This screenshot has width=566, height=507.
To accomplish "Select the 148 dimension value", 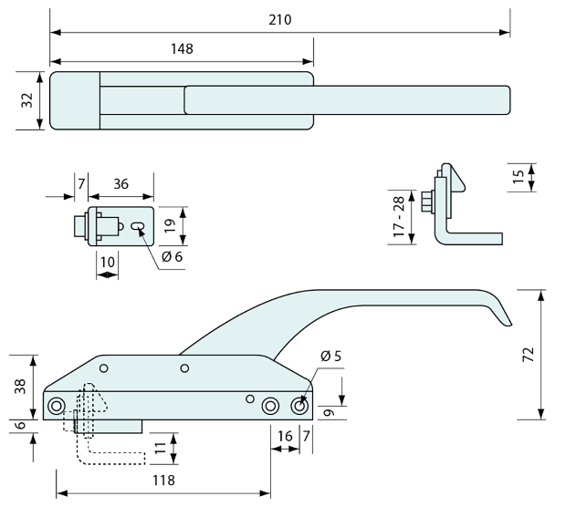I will point(181,48).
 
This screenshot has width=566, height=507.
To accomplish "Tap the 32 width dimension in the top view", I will point(27,99).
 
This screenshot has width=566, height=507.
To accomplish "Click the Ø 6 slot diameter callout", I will point(173,257).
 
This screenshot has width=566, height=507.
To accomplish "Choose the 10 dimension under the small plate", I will point(108,262).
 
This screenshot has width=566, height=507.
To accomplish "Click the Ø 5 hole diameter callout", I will point(331,356).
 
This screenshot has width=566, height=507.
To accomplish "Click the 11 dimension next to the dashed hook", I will point(161,447).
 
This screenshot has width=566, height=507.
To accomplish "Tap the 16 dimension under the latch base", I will point(285,436).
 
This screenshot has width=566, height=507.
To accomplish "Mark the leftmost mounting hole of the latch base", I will point(57,405).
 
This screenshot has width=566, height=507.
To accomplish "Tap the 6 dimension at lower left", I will point(21,425).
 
